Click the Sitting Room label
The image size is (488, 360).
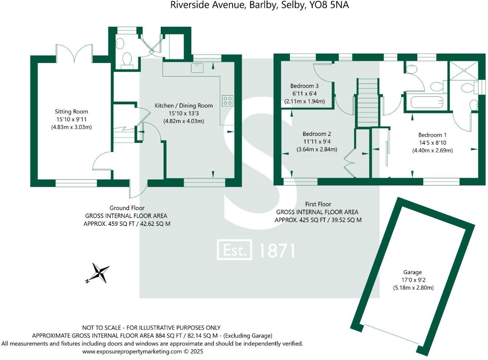point(71,112)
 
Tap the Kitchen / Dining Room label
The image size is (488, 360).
point(184,105)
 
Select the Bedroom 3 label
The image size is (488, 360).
point(304,86)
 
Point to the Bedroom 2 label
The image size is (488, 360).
point(317,134)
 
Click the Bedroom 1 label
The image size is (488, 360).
point(432,135)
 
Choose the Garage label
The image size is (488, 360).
point(413,272)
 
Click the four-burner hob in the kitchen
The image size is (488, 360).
point(227,100)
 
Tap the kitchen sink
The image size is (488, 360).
point(197,67)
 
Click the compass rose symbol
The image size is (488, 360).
point(98,273)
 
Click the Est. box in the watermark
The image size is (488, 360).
point(234,250)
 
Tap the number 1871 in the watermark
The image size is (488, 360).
point(276,251)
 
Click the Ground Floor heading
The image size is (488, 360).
point(127,208)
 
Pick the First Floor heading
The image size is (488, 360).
point(318,204)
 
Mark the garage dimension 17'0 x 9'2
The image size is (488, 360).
point(413,280)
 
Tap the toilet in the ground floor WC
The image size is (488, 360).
point(127,61)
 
